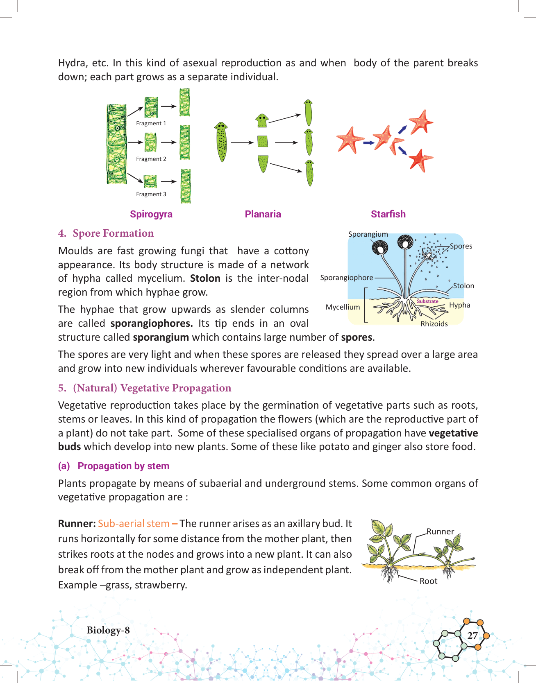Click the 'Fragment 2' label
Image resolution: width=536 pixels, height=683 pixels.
pos(151,159)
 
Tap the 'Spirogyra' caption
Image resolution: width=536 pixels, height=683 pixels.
pos(151,214)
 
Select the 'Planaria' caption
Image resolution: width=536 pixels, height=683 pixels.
pos(263,214)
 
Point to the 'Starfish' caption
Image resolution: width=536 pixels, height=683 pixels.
pos(388,214)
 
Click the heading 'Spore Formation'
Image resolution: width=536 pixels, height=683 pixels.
pos(113,233)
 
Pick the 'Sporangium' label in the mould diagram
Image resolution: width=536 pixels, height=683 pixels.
pos(368,234)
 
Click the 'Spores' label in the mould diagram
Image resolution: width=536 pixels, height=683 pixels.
pos(461,246)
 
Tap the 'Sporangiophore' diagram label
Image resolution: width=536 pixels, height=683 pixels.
pos(347,278)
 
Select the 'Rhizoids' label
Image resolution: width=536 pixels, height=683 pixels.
pos(434,324)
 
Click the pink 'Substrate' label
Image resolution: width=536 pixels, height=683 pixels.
pos(427,301)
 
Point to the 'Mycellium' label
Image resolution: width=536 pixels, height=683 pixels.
pos(343,307)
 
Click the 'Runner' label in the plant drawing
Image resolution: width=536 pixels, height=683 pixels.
pos(440,531)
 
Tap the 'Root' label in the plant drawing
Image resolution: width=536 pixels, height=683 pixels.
pos(428,581)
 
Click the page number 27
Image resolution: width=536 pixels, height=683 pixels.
pos(472,636)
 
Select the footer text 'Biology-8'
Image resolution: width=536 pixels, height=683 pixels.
pos(108,630)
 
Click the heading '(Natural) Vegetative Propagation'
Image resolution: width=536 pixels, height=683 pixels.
pos(152,388)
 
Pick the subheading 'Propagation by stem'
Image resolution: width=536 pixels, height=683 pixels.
pos(123,466)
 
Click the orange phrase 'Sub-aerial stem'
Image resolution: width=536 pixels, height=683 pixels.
pos(134,524)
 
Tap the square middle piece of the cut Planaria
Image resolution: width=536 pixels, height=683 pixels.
pos(263,142)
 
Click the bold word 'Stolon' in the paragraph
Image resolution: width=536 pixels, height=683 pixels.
pos(205,278)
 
